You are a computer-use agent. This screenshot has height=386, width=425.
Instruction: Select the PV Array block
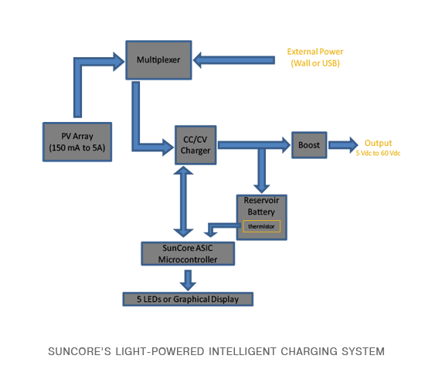pos(77,141)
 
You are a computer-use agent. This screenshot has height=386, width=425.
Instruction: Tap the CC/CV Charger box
pos(194,144)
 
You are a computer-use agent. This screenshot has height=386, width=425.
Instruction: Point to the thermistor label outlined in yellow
pos(262,226)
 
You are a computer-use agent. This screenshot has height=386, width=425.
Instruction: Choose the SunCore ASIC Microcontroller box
pos(186,253)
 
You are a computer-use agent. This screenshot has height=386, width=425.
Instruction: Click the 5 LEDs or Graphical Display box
pos(188,298)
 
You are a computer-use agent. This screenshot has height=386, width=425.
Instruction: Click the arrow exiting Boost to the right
pos(345,144)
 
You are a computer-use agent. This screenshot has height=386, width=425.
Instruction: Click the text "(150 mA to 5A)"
pos(77,148)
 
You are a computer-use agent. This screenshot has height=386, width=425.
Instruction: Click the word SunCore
pos(169,248)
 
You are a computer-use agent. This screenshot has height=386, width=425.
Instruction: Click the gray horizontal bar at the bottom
pos(216,351)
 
